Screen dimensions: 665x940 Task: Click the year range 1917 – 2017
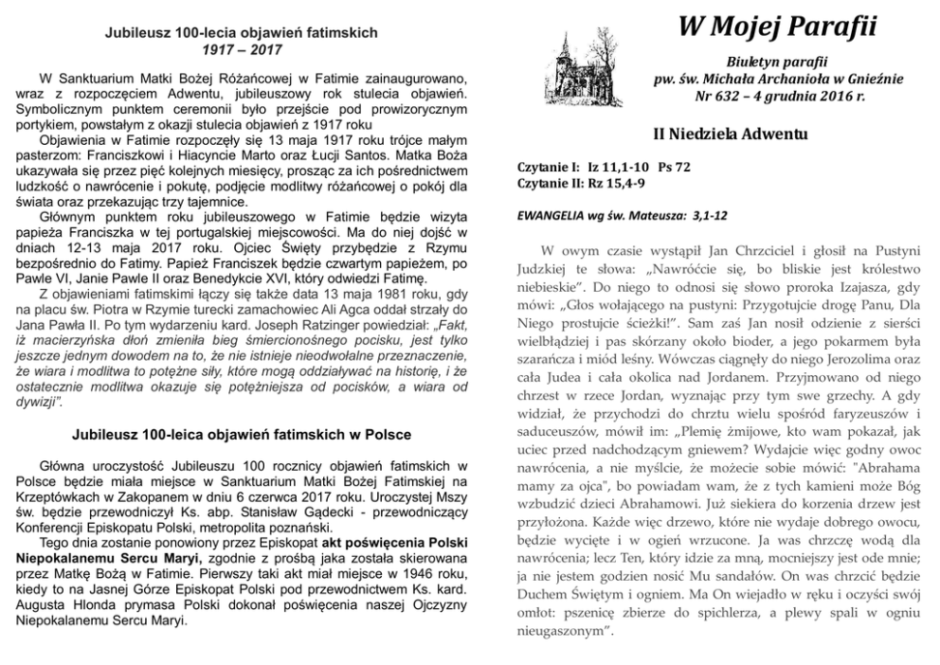click(x=240, y=47)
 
